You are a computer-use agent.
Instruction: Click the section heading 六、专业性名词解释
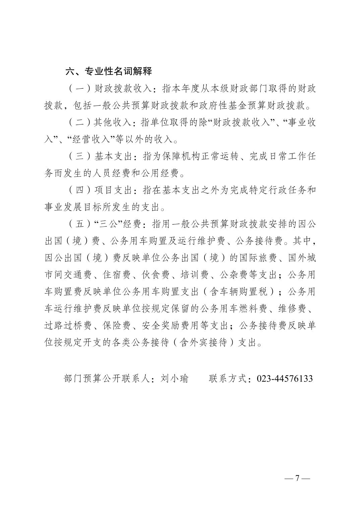point(109,71)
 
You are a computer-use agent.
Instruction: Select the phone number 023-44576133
point(285,378)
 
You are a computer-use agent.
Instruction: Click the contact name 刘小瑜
point(175,378)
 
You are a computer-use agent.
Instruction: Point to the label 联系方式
point(228,378)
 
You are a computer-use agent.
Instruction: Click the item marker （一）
point(80,89)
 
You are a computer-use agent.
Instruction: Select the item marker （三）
point(80,156)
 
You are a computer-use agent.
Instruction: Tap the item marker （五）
point(80,224)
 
